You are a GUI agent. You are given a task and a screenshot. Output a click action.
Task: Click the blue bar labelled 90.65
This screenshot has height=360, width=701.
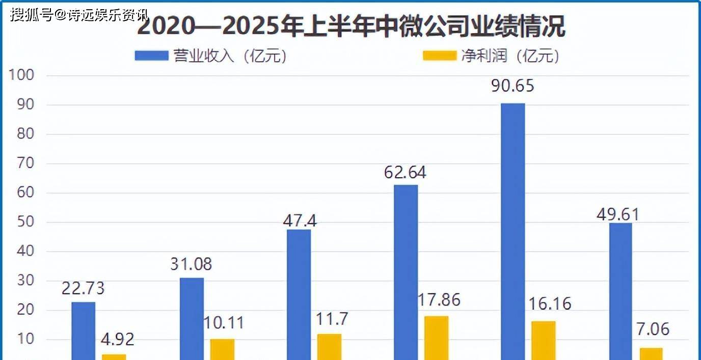(513, 232)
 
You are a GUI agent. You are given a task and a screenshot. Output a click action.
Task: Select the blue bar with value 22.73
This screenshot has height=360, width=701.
(83, 331)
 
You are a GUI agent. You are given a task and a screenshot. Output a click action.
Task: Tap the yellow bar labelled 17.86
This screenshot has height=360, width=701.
(437, 338)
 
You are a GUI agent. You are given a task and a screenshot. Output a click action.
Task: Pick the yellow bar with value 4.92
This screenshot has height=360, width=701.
(114, 356)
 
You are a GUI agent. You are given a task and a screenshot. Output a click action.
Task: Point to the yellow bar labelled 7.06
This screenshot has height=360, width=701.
(651, 354)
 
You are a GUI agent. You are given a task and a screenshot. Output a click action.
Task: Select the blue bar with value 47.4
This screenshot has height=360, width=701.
(299, 294)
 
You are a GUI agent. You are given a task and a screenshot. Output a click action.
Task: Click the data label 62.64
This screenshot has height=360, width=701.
(405, 173)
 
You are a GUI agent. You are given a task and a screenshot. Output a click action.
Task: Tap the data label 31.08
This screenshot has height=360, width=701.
(191, 264)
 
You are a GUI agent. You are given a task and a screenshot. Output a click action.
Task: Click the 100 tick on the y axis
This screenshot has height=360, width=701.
(21, 76)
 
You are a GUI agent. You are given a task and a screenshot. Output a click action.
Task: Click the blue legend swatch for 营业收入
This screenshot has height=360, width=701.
(151, 56)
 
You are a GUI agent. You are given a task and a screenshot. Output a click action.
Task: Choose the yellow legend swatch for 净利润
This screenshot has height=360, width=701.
(440, 56)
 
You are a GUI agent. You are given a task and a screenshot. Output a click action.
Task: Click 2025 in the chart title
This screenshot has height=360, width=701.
(250, 26)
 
